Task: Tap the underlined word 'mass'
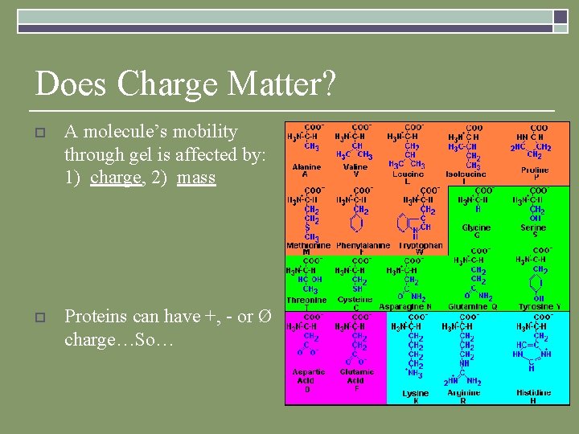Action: [196, 178]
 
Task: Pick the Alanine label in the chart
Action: [306, 167]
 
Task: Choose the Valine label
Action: [355, 167]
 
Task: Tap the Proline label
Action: [535, 170]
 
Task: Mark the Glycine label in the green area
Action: [476, 228]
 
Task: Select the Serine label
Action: [533, 228]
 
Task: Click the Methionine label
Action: [309, 245]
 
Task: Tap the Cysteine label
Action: [355, 299]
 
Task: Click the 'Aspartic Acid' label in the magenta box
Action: [309, 376]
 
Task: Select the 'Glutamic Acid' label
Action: [356, 376]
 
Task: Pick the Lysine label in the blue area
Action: [415, 393]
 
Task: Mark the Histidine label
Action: [534, 393]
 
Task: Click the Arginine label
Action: [463, 393]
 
